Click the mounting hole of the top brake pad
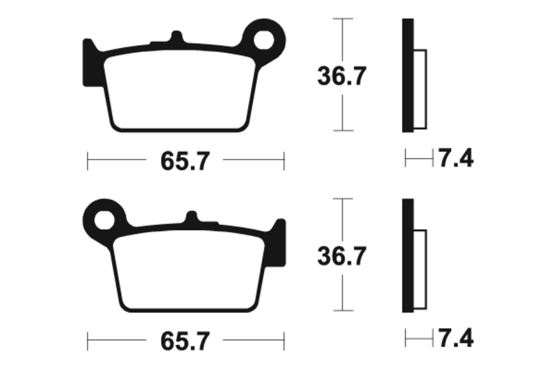tap(264, 40)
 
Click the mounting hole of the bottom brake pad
tap(104, 220)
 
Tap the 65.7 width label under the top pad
tap(185, 161)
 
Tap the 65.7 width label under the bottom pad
tap(185, 342)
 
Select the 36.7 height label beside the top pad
tap(341, 76)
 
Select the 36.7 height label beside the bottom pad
tap(341, 256)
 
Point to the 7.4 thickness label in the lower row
tap(456, 338)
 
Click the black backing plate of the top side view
tap(408, 76)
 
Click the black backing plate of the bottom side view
tap(408, 255)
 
